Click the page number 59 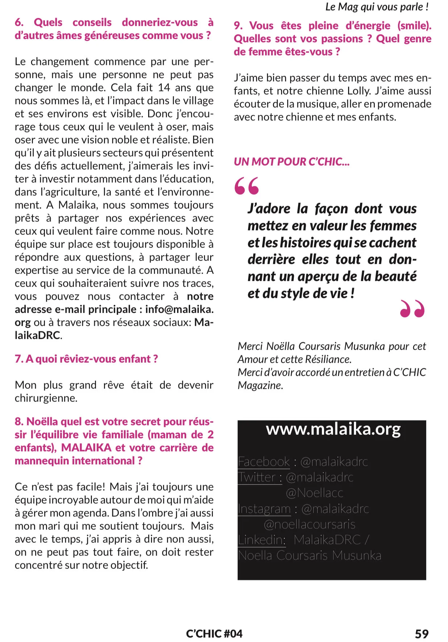(422, 634)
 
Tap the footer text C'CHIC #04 (214, 634)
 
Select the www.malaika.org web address (333, 429)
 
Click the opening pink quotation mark (247, 186)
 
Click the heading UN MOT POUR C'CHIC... (292, 162)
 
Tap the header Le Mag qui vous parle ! (377, 7)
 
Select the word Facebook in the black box (264, 462)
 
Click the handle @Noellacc (314, 493)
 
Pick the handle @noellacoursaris (309, 524)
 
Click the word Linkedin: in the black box (261, 540)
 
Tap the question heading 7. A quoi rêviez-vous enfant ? (86, 359)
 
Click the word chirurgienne (46, 398)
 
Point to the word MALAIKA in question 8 (86, 448)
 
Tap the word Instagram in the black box (264, 509)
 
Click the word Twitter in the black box (257, 477)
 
